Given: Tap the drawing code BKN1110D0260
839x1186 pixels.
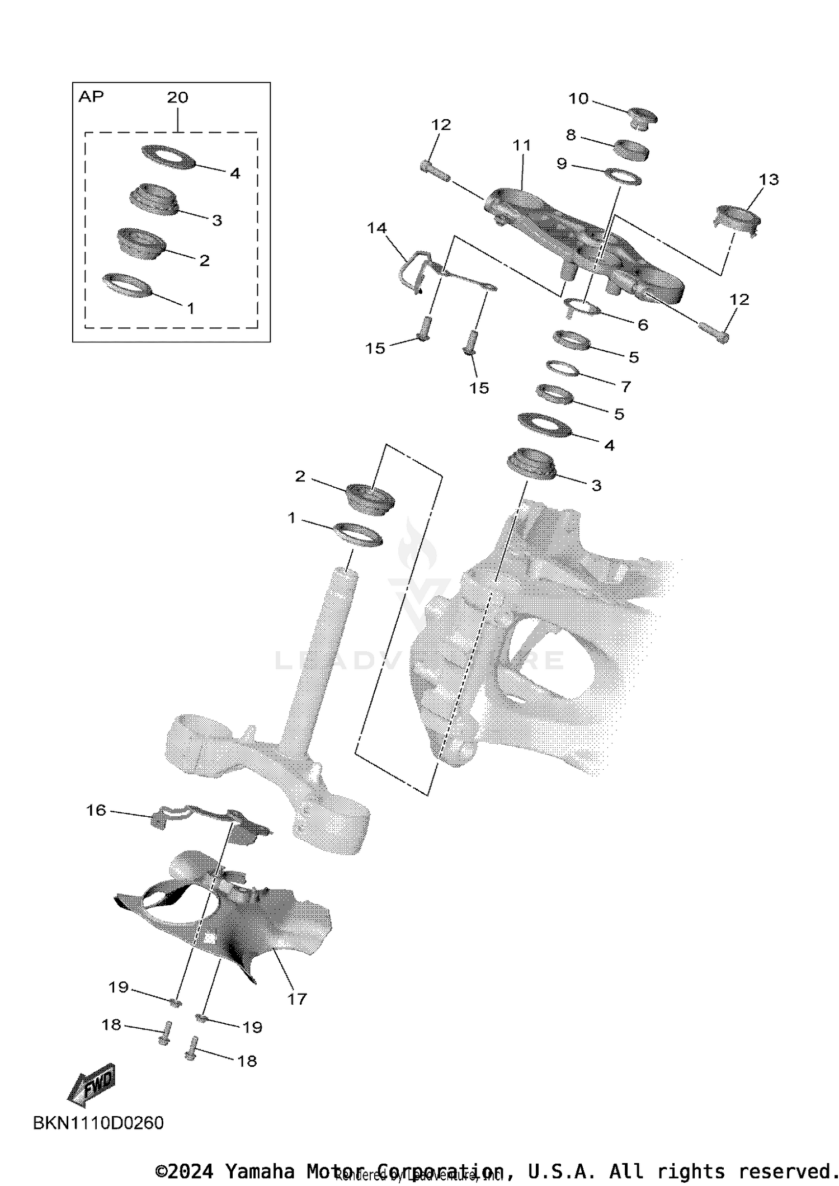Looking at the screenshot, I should (x=98, y=1123).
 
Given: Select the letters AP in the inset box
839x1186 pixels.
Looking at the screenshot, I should (x=91, y=97).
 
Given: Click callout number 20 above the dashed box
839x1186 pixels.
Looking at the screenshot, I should (x=177, y=97).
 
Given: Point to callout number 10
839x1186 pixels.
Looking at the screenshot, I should (x=578, y=98).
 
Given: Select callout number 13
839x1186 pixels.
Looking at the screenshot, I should (x=769, y=180).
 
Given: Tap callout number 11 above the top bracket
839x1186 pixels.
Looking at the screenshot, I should (x=522, y=145).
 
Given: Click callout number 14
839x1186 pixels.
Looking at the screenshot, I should (x=377, y=228).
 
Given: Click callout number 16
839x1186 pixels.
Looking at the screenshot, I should (x=96, y=810).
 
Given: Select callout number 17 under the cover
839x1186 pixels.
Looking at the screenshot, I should (x=297, y=999).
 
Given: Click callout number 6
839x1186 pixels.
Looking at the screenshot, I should (x=643, y=324).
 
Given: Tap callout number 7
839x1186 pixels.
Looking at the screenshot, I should (x=626, y=386).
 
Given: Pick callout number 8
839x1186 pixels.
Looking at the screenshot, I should (x=571, y=135).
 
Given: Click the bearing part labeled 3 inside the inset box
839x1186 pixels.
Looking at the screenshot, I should (x=153, y=200).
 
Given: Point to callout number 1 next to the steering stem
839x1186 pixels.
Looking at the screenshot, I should (x=291, y=518).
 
